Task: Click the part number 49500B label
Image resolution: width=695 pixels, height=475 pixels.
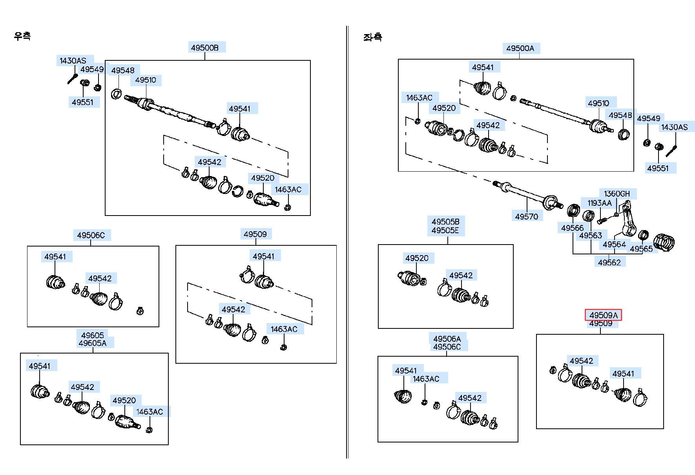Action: (204, 48)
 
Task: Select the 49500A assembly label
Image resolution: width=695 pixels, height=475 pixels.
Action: (520, 48)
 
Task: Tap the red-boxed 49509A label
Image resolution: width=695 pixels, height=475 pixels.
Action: (603, 315)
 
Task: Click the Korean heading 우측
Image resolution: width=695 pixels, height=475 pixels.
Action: (22, 36)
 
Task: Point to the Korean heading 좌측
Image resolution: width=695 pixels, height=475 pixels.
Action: (372, 37)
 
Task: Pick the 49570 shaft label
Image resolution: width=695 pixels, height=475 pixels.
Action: (526, 216)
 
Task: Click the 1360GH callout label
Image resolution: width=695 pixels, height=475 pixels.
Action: (617, 194)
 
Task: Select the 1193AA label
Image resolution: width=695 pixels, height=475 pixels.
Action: (599, 203)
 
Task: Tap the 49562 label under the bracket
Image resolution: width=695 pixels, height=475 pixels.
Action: (609, 263)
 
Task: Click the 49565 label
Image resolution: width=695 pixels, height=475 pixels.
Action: (641, 249)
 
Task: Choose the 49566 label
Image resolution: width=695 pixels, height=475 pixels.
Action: (572, 228)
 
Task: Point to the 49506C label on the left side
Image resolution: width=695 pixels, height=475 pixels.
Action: (91, 235)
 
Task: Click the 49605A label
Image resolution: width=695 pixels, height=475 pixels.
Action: (93, 343)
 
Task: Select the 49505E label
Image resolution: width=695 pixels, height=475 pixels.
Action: (445, 230)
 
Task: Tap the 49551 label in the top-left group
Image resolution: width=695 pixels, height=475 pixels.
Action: (82, 102)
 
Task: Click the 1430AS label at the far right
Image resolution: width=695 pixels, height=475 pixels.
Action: (674, 127)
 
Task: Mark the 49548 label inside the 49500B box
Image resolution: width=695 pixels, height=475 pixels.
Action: (122, 71)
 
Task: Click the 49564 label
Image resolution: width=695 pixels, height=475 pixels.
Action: (614, 245)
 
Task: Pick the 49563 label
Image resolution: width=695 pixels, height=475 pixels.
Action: (591, 236)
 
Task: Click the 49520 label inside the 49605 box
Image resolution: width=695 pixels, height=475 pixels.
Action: (124, 401)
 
